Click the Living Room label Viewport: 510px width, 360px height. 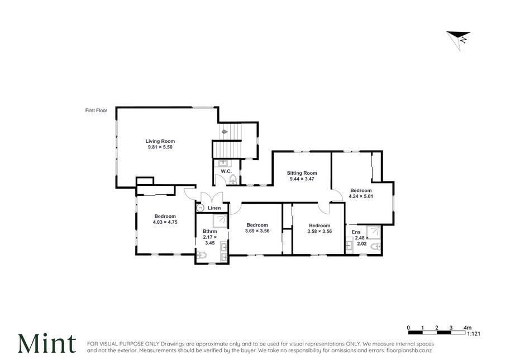coord(160,141)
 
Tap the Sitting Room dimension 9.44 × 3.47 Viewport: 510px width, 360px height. coord(302,179)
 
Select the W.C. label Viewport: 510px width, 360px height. coord(226,171)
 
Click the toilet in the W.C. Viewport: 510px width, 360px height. coord(233,179)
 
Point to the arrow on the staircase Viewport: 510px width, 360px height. coord(225,132)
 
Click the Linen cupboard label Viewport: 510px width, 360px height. coord(214,208)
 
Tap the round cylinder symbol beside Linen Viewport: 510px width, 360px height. coord(201,208)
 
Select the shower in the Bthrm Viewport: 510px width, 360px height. coord(220,221)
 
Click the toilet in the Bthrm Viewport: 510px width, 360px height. coord(202,256)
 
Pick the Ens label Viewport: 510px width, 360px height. coord(356,232)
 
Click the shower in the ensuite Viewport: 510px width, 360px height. coord(373,233)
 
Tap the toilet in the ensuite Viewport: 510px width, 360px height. coord(376,247)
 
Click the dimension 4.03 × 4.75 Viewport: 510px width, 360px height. coord(165,222)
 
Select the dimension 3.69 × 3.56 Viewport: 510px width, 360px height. coord(258,231)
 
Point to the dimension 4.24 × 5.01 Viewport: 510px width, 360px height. coord(361,196)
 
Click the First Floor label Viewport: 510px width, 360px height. coord(96,111)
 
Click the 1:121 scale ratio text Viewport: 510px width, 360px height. coord(474,334)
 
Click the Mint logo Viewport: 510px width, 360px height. coord(47,343)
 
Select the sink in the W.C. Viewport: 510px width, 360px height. coord(225,163)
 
